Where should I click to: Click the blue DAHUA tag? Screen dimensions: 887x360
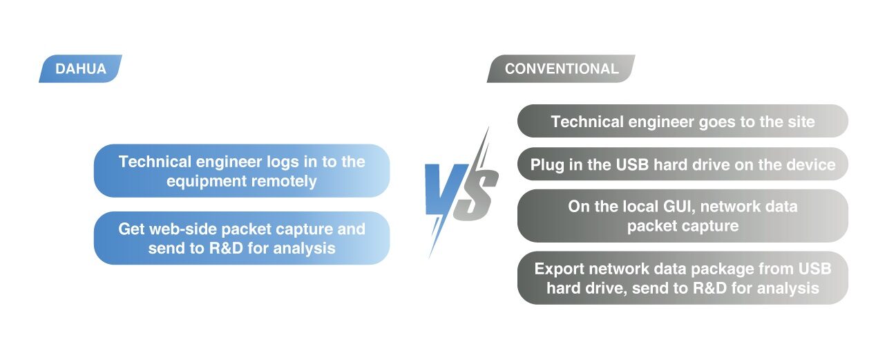tap(80, 68)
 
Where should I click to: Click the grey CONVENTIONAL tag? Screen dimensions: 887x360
tap(561, 68)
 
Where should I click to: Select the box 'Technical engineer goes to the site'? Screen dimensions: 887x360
tap(683, 121)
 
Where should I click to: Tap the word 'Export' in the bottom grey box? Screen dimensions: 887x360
tap(560, 269)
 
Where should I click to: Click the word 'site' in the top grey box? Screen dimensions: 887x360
tap(801, 122)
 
